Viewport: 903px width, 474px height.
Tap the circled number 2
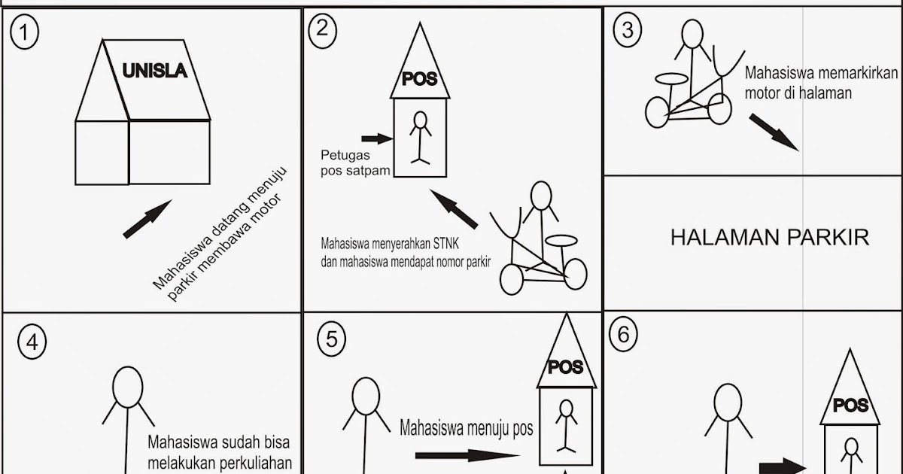click(x=322, y=29)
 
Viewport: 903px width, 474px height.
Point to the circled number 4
click(x=31, y=342)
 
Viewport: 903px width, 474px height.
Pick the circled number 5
click(x=331, y=339)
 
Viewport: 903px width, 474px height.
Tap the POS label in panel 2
click(x=420, y=79)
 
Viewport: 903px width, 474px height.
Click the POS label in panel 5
click(x=565, y=367)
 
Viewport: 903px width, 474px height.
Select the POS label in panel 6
click(x=851, y=406)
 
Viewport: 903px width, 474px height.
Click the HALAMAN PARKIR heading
click(x=769, y=238)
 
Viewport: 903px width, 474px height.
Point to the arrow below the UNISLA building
click(x=147, y=220)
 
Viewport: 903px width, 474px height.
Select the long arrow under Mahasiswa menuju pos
click(x=467, y=455)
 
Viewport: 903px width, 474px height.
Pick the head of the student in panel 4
click(x=127, y=386)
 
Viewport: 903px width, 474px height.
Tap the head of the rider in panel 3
click(x=695, y=34)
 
